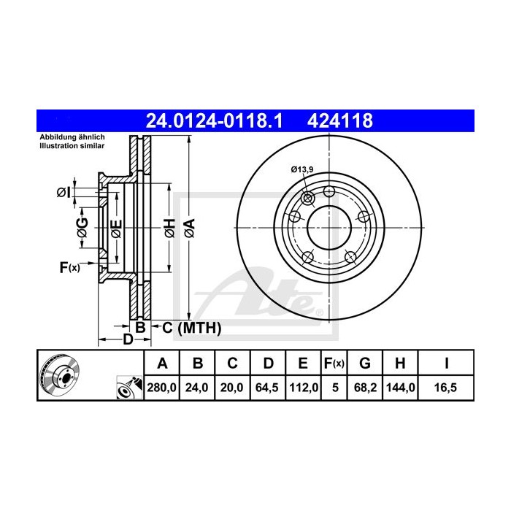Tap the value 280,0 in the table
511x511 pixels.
[163, 388]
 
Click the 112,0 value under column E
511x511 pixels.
[301, 388]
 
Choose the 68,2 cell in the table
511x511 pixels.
[366, 388]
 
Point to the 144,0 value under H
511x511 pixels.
[401, 388]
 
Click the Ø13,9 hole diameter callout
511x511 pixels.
[301, 170]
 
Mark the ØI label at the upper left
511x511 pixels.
[63, 193]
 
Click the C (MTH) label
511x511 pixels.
[191, 328]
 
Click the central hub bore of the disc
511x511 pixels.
[329, 225]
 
